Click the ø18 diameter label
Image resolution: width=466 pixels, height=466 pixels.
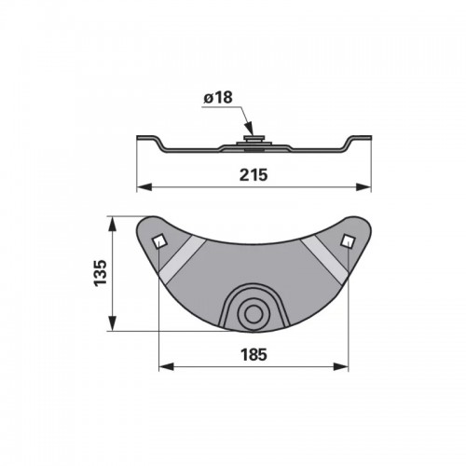(x=218, y=98)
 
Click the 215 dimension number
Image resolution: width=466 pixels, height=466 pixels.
(x=254, y=175)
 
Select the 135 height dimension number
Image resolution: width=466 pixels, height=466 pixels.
(x=101, y=273)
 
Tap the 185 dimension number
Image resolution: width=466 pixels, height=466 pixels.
(x=254, y=354)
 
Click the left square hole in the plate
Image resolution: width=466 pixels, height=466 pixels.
(x=159, y=241)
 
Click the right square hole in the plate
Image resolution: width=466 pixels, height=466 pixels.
(x=348, y=241)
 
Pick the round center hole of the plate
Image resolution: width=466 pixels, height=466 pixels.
(x=254, y=314)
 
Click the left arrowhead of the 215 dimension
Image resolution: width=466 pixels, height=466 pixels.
(x=144, y=187)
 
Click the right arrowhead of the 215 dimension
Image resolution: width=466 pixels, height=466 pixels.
(x=363, y=187)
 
